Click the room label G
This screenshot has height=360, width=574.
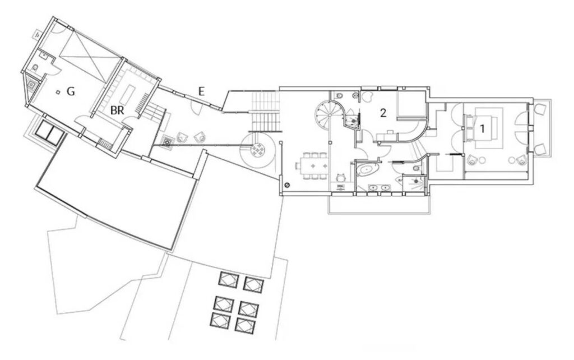pos(71,91)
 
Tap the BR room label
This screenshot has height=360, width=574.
pos(117,110)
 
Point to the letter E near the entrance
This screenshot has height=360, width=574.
pos(201,91)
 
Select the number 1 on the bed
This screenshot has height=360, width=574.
pos(482,128)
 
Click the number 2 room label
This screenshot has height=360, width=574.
pos(383,113)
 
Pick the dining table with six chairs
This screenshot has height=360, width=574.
pos(313,167)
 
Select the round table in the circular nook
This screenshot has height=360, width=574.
pos(258,149)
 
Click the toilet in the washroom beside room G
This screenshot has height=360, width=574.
pos(35,68)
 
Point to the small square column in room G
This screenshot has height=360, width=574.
pos(58,92)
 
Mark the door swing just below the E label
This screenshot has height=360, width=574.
pos(196,105)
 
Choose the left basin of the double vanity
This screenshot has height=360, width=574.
pos(373,187)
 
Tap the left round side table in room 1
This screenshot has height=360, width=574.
pos(482,159)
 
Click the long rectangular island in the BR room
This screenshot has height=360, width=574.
pos(129,94)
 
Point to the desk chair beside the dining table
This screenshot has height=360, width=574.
pos(341,177)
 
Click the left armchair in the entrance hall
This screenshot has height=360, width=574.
pos(183,137)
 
